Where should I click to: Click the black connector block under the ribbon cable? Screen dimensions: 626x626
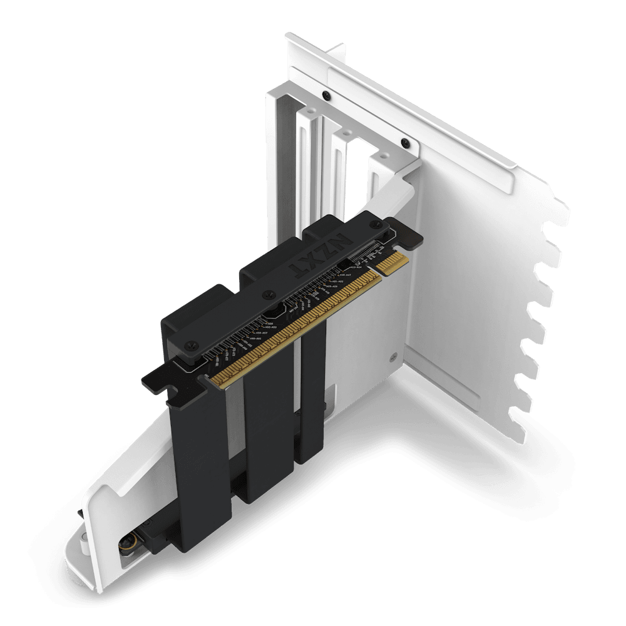[156, 532]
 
